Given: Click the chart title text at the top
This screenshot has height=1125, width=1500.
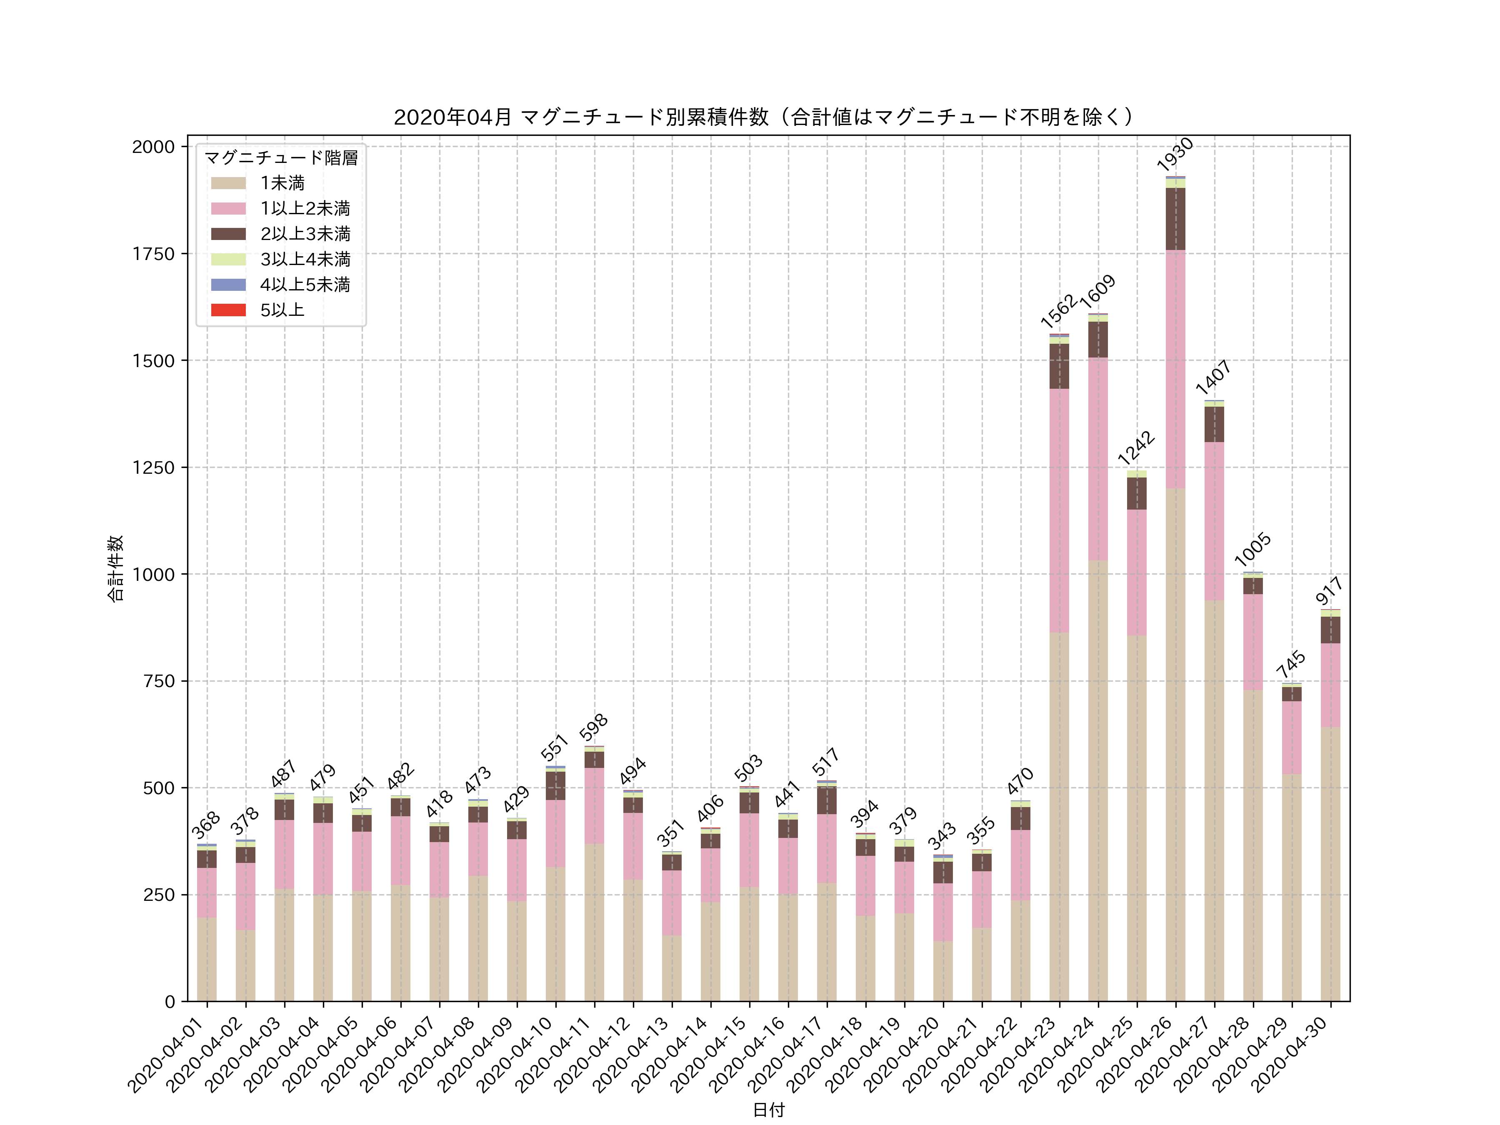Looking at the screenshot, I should click(764, 117).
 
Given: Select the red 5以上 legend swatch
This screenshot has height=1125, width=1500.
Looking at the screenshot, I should click(228, 310).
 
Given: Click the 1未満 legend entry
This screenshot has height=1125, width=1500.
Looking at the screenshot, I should click(282, 183).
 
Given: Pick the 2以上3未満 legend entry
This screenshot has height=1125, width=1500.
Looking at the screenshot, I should click(305, 234).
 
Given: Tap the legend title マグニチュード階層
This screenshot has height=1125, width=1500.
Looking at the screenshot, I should click(281, 158).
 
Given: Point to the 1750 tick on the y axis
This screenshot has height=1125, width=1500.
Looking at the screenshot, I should click(153, 254).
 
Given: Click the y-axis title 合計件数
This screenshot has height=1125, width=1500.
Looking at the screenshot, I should click(115, 568).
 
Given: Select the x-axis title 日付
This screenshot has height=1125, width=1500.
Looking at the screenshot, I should click(768, 1110).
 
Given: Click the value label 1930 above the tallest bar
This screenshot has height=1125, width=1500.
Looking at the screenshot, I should click(1175, 154).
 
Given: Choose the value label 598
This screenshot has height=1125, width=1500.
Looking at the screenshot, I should click(593, 727).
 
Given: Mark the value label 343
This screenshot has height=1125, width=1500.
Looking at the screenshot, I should click(942, 835).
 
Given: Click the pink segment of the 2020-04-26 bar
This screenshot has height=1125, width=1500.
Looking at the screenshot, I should click(1175, 370).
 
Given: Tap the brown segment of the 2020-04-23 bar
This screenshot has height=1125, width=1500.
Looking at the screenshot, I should click(1059, 366).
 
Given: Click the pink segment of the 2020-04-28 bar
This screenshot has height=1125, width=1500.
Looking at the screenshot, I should click(1252, 642).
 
